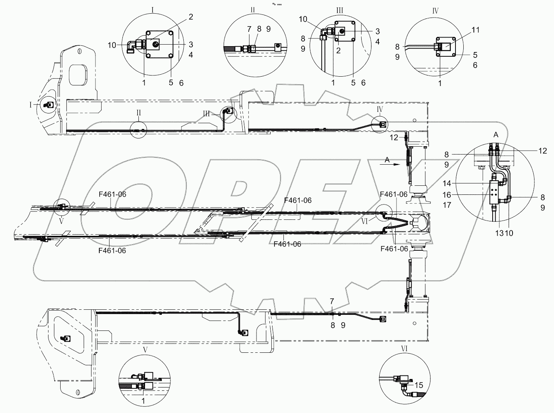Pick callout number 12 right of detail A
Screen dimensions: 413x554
point(542,151)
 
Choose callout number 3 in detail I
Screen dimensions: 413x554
point(191,43)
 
